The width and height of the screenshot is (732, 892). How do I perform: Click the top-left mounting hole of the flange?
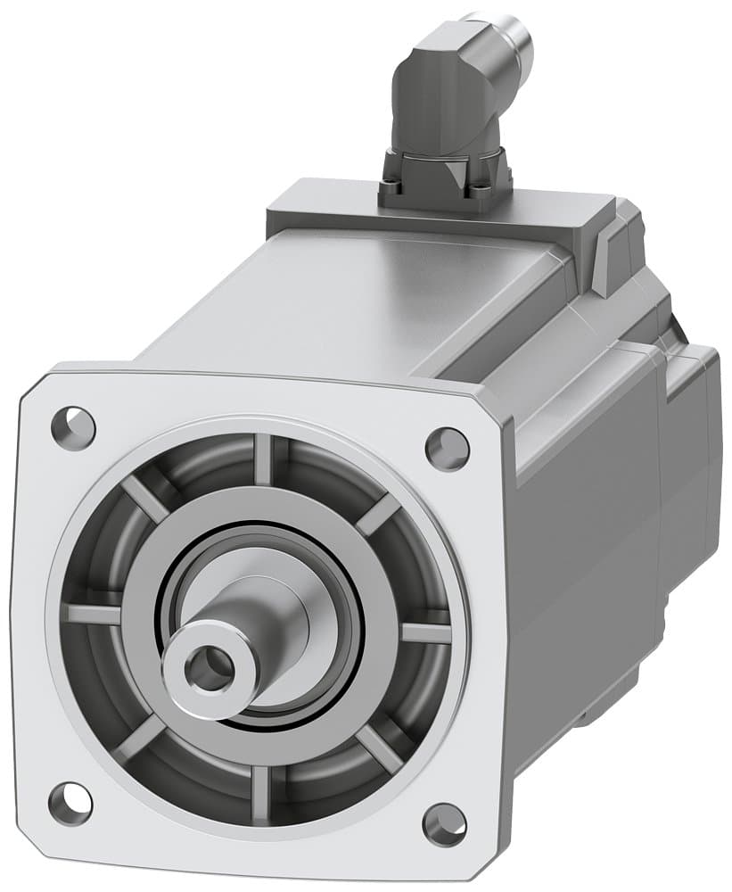(x=73, y=426)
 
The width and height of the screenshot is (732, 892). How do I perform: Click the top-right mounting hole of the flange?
(x=447, y=448)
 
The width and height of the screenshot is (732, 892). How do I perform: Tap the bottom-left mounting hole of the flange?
(x=70, y=803)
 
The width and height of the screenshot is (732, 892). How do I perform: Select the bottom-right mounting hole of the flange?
(x=444, y=824)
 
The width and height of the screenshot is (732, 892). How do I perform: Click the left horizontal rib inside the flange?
(x=91, y=614)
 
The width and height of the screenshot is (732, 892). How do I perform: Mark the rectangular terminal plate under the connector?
(x=437, y=210)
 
